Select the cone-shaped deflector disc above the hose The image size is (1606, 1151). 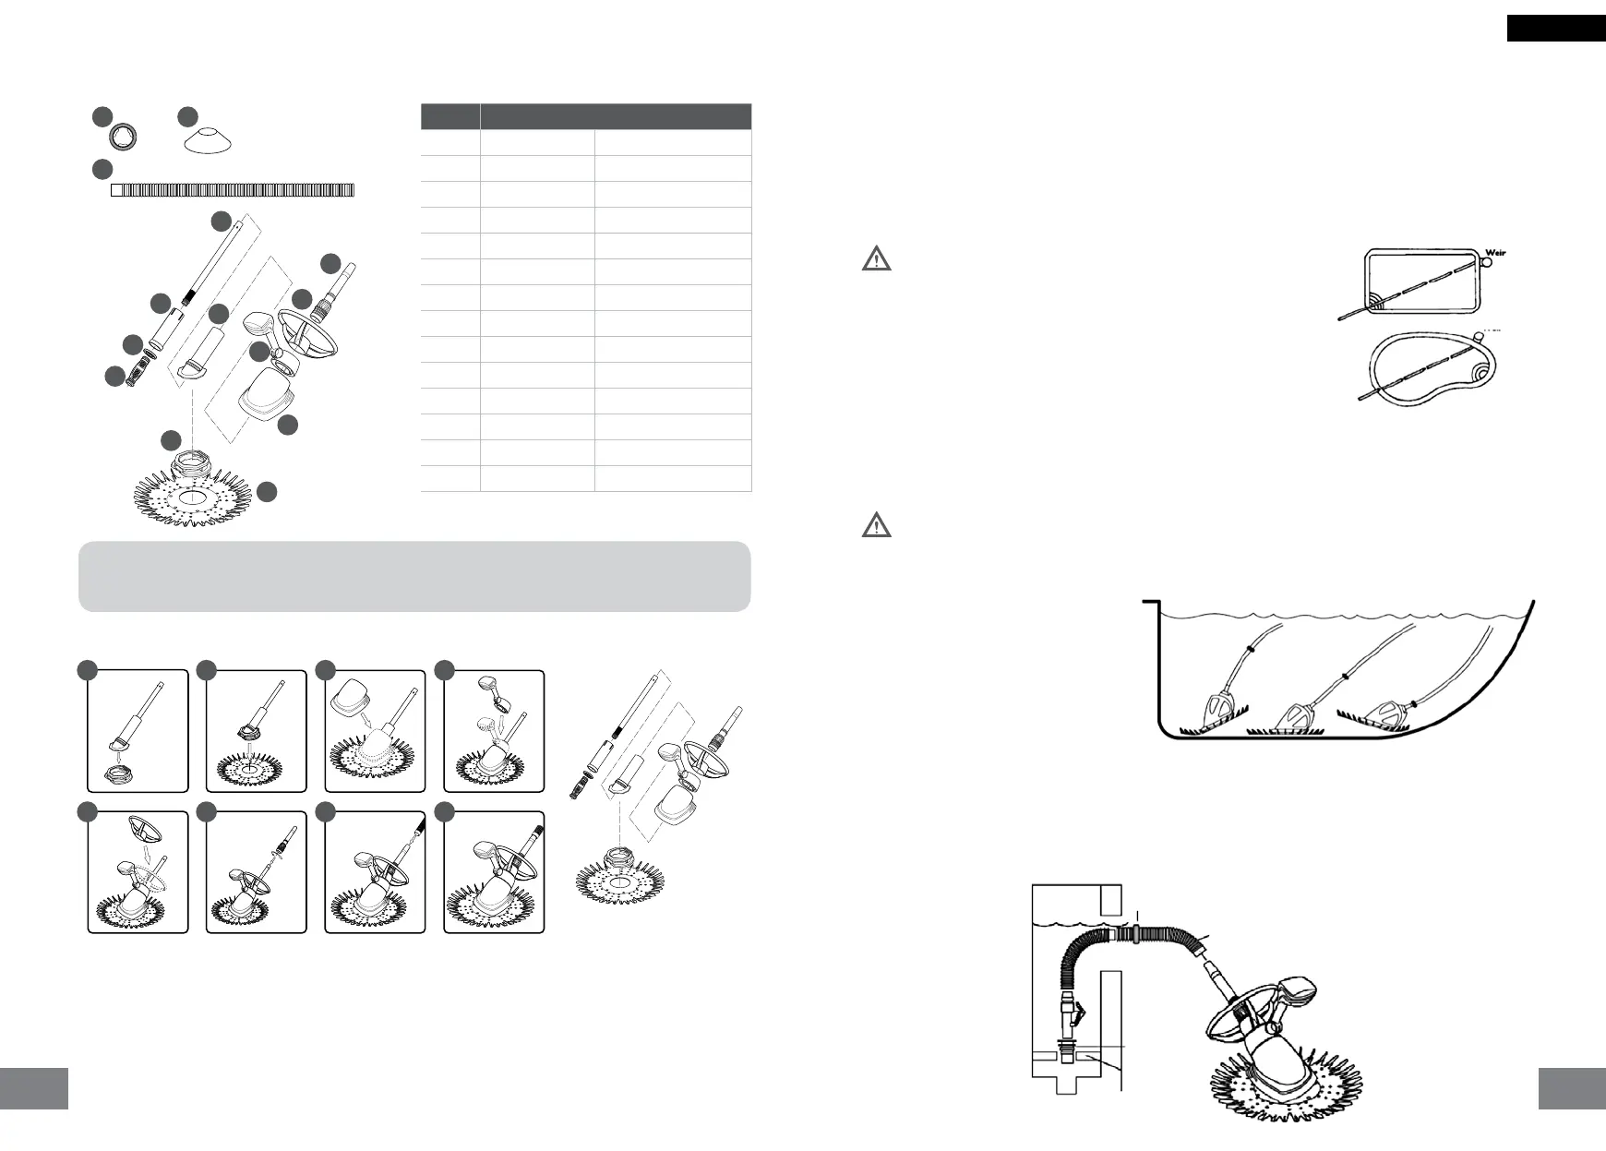coord(207,141)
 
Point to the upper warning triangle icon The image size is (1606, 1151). coord(876,258)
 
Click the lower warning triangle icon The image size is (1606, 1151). coord(876,526)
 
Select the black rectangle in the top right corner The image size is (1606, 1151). coord(1555,29)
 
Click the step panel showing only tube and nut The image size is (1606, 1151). coord(138,731)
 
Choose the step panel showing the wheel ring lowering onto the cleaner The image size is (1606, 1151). coord(138,872)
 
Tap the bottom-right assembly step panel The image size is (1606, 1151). coord(494,872)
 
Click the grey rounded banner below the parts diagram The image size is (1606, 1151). coord(414,576)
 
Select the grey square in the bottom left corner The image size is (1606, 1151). coord(34,1088)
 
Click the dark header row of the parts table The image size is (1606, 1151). coord(586,116)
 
